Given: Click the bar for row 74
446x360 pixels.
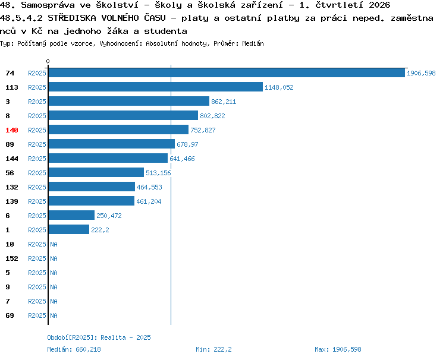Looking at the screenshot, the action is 227,72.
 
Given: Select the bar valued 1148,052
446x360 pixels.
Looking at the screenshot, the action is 156,87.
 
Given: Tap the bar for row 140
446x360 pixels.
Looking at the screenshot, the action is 118,130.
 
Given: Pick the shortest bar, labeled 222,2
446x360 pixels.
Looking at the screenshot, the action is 69,229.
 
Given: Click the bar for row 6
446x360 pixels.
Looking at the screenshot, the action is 72,215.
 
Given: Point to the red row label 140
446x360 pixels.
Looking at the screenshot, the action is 12,130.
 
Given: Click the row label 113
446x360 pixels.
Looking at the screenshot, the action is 12,87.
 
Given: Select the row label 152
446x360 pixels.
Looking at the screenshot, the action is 12,258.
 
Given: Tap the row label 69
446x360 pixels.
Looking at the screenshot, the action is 10,315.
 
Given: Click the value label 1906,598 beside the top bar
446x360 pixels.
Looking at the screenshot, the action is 421,73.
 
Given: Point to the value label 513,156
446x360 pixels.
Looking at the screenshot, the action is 158,173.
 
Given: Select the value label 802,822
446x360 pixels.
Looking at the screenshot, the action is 212,116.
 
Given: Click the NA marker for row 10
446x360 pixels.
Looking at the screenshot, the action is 54,244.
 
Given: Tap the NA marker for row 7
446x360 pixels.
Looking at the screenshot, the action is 54,301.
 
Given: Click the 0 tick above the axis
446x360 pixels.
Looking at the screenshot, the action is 48,61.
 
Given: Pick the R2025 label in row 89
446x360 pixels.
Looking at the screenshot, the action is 37,144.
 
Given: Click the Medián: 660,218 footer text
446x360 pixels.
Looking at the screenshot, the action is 74,349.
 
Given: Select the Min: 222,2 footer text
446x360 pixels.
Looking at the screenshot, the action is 213,349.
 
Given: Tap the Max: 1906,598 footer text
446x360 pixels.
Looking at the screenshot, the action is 338,349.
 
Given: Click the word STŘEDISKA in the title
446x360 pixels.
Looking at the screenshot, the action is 72,18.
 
